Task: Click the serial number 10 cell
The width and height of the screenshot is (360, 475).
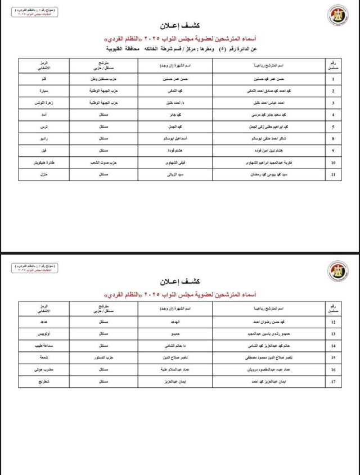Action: pyautogui.click(x=333, y=163)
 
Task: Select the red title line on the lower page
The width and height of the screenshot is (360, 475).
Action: pyautogui.click(x=181, y=295)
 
